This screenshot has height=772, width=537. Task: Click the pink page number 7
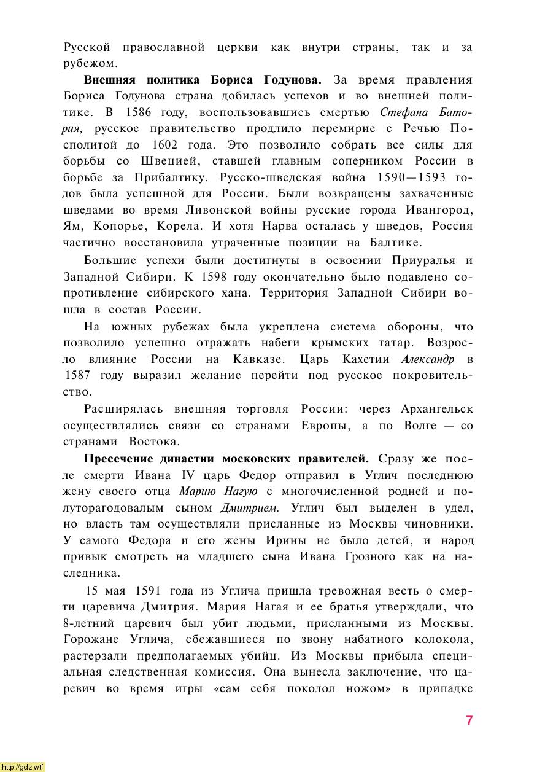469,720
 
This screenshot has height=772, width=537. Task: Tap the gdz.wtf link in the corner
23,766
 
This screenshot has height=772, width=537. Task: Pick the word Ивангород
439,210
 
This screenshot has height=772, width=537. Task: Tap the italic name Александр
428,359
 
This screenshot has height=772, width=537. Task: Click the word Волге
420,425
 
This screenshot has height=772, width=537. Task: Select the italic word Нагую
244,491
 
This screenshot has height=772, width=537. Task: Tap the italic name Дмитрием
250,508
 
